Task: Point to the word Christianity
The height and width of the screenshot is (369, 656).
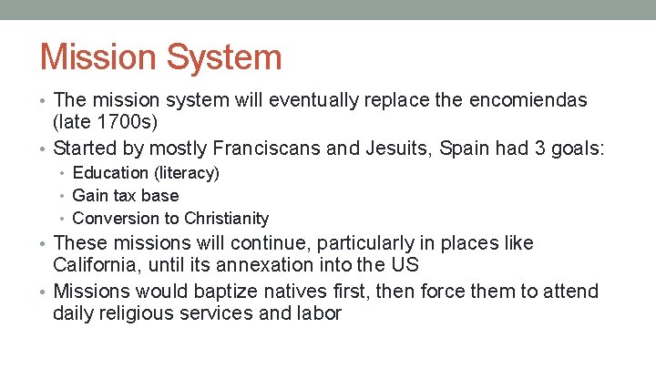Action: tap(226, 218)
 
